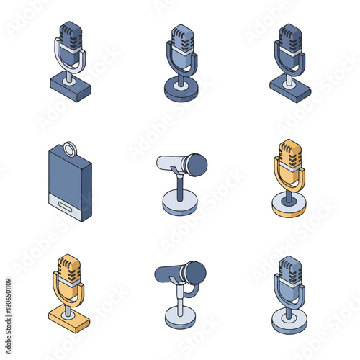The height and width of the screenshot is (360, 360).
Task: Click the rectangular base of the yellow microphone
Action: (69, 320)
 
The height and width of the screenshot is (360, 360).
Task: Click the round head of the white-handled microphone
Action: (194, 166)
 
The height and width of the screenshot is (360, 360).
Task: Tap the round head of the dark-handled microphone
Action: (194, 273)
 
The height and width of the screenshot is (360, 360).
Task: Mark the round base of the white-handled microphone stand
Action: (177, 205)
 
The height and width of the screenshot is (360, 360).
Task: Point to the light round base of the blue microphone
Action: (289, 322)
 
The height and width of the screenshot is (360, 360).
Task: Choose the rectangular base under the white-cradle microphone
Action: (71, 88)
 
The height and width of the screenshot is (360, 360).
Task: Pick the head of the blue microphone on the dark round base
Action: (181, 38)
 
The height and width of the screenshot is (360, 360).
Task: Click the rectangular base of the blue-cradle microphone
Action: (290, 89)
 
